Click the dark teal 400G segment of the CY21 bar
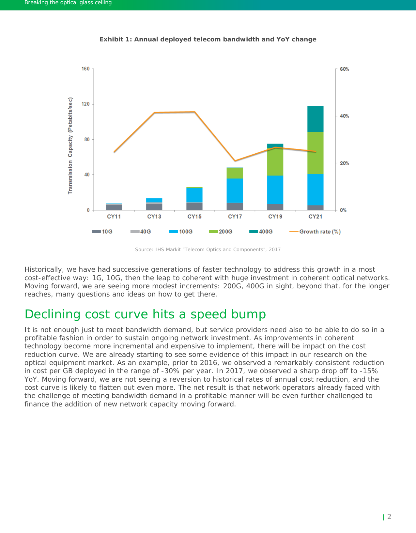tap(315, 119)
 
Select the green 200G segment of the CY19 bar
tap(275, 162)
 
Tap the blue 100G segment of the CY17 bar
tap(235, 190)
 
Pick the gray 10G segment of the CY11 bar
tap(114, 207)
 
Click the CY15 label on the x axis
tap(194, 217)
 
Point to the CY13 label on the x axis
tap(154, 217)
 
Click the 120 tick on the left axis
tap(85, 104)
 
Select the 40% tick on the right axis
tap(345, 116)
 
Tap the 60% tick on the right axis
tap(345, 69)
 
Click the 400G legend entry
tap(261, 232)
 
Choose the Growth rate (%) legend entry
tap(315, 232)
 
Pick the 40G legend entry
tap(141, 232)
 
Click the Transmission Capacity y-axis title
tap(70, 145)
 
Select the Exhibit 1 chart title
tap(208, 39)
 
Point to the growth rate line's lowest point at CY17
tap(235, 161)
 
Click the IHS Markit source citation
tap(208, 250)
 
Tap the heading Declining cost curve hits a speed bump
tap(145, 314)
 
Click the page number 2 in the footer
tap(389, 517)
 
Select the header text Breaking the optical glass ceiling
tap(68, 3)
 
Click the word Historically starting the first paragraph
tap(44, 269)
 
